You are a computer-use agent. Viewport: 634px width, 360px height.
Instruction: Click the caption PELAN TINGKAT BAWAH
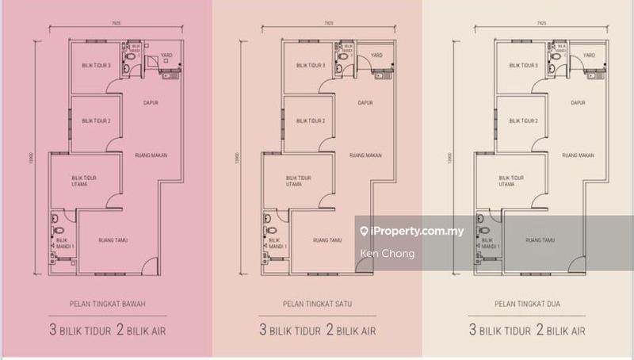tap(105, 302)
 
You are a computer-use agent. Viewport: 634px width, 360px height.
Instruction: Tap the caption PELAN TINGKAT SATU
tap(317, 302)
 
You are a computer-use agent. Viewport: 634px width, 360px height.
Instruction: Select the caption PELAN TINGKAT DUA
tap(529, 302)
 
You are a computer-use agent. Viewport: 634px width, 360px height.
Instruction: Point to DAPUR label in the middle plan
tap(365, 102)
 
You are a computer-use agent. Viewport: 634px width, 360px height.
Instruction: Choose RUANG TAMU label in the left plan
tap(113, 239)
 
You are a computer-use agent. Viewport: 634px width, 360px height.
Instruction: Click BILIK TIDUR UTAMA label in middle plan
tap(296, 181)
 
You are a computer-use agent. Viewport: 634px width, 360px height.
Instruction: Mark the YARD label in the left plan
tap(167, 56)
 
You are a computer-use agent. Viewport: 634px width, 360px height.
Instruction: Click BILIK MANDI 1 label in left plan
tap(63, 243)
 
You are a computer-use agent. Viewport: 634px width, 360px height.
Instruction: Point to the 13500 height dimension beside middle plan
tap(234, 159)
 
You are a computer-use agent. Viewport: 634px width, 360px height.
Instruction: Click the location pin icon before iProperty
tap(364, 232)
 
